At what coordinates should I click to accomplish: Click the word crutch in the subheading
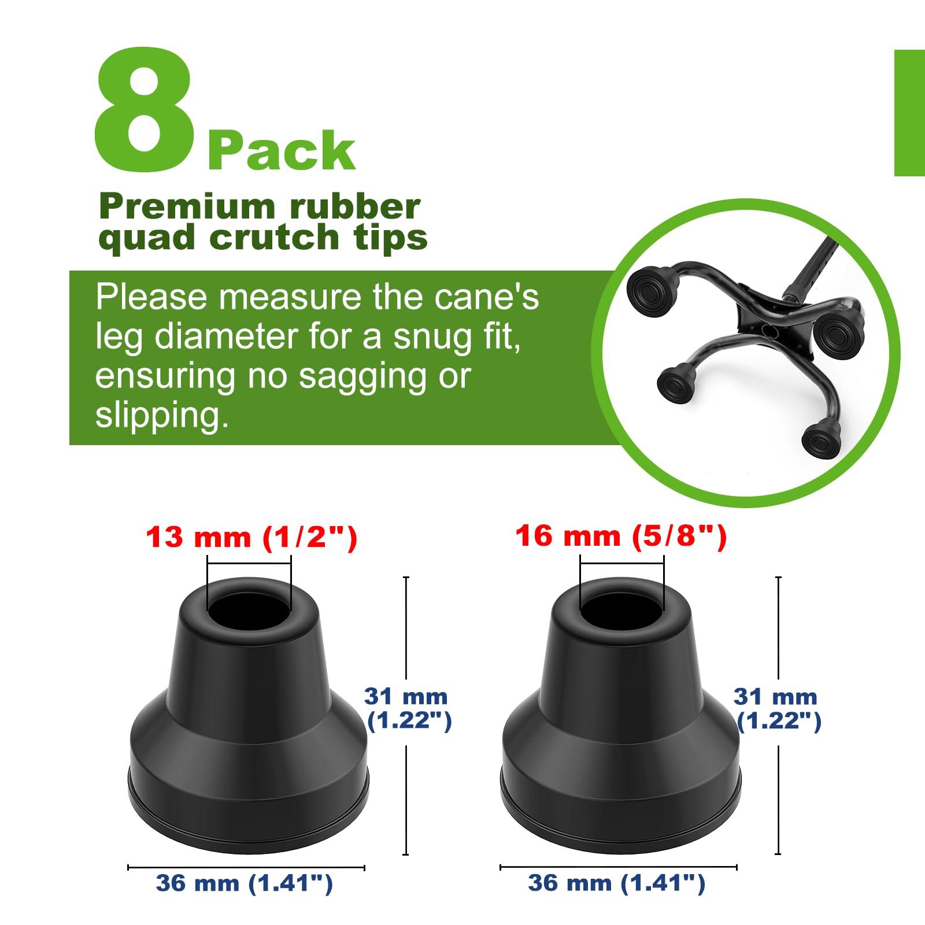pyautogui.click(x=274, y=237)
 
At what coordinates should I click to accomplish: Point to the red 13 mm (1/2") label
pyautogui.click(x=251, y=538)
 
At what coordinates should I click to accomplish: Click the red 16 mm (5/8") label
pyautogui.click(x=620, y=536)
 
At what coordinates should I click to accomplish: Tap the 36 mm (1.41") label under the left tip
pyautogui.click(x=245, y=883)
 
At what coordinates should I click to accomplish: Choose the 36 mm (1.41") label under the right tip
pyautogui.click(x=617, y=883)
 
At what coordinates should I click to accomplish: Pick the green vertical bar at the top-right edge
pyautogui.click(x=909, y=113)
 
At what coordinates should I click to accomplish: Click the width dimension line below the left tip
pyautogui.click(x=246, y=867)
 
